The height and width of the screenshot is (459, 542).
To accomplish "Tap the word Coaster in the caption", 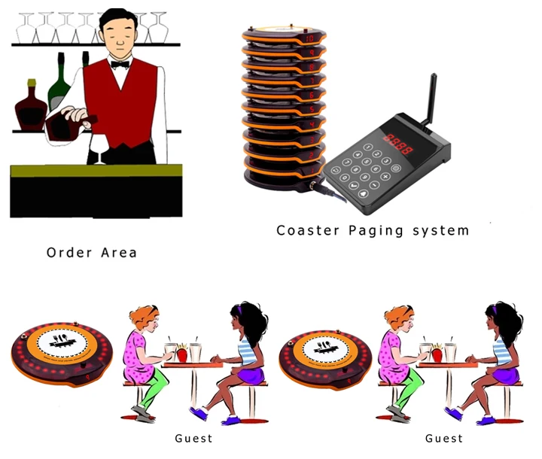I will (x=306, y=229).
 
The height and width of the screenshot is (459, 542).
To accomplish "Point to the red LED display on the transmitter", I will (x=396, y=141).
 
